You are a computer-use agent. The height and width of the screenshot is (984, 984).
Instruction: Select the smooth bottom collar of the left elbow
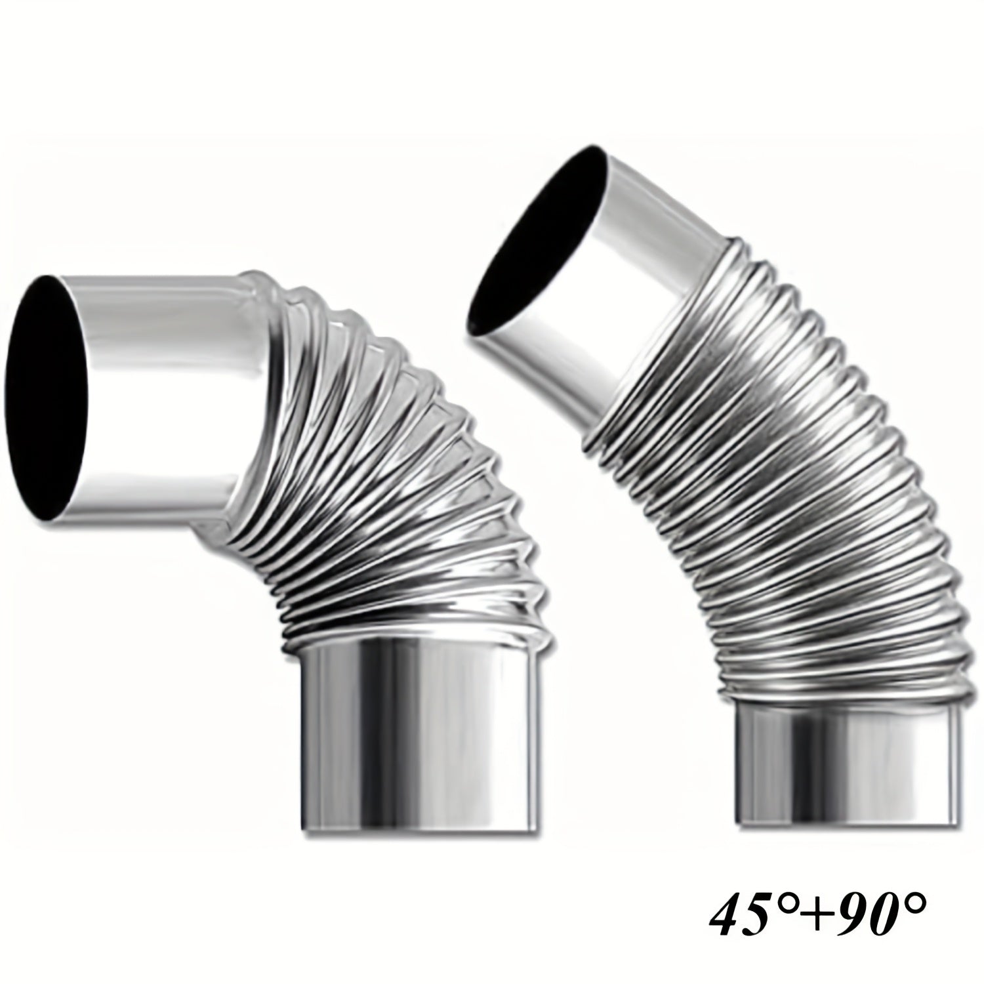420,728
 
